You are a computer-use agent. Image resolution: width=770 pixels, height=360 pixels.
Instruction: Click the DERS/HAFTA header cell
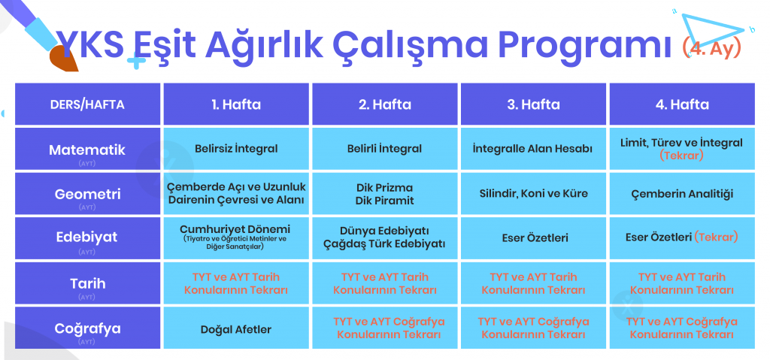click(x=87, y=104)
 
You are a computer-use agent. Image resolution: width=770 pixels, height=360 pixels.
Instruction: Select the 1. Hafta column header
click(x=236, y=104)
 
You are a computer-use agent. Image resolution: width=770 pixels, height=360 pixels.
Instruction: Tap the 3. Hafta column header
click(x=533, y=104)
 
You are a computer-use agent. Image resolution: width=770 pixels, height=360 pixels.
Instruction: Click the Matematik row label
click(x=87, y=150)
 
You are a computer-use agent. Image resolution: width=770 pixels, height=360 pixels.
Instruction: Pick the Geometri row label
click(x=87, y=194)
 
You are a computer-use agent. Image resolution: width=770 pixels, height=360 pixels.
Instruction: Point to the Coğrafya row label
click(x=87, y=328)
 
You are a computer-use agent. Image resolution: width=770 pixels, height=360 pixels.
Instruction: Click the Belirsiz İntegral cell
click(x=236, y=149)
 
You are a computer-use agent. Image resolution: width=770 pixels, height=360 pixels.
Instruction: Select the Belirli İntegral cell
click(x=385, y=149)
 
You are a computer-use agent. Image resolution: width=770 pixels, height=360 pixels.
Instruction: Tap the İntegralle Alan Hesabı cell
click(x=533, y=149)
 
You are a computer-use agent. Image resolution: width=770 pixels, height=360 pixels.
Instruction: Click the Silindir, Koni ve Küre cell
click(x=533, y=193)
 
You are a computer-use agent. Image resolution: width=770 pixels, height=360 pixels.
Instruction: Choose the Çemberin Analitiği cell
click(x=682, y=193)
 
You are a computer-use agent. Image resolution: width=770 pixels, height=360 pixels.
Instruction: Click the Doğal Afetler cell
click(x=236, y=328)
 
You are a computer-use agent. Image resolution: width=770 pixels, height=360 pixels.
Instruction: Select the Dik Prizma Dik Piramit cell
click(x=385, y=193)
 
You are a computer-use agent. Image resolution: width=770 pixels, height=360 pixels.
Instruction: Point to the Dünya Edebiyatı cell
click(x=385, y=237)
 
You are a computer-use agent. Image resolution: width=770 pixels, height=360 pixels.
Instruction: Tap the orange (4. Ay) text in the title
click(x=711, y=48)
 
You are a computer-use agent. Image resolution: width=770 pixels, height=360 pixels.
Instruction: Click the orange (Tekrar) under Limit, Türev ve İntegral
click(x=681, y=156)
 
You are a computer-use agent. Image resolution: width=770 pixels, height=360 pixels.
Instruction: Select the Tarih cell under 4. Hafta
click(x=682, y=283)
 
